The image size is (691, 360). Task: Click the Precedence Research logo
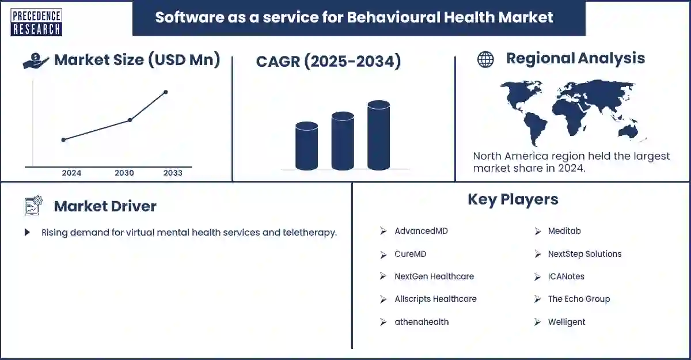click(36, 22)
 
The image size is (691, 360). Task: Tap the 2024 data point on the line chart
click(63, 140)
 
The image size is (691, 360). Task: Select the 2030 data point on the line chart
click(130, 120)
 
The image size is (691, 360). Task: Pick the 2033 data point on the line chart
click(166, 92)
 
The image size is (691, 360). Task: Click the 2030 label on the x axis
click(124, 173)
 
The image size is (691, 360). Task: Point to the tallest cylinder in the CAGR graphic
click(378, 136)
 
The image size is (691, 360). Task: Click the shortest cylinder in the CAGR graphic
click(306, 146)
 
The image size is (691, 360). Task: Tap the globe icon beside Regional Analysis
click(485, 59)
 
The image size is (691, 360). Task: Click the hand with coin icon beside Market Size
click(36, 60)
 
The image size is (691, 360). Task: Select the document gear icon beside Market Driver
click(33, 206)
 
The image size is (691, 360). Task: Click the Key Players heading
click(512, 199)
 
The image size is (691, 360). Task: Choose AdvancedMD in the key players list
click(421, 231)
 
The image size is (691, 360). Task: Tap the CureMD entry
click(410, 254)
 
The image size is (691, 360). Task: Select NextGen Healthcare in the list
click(434, 276)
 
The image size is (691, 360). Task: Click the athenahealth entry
click(421, 322)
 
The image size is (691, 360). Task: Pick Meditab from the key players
click(564, 231)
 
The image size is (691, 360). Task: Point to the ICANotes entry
click(565, 276)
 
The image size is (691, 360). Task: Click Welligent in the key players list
click(566, 322)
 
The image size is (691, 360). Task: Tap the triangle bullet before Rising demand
click(27, 233)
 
